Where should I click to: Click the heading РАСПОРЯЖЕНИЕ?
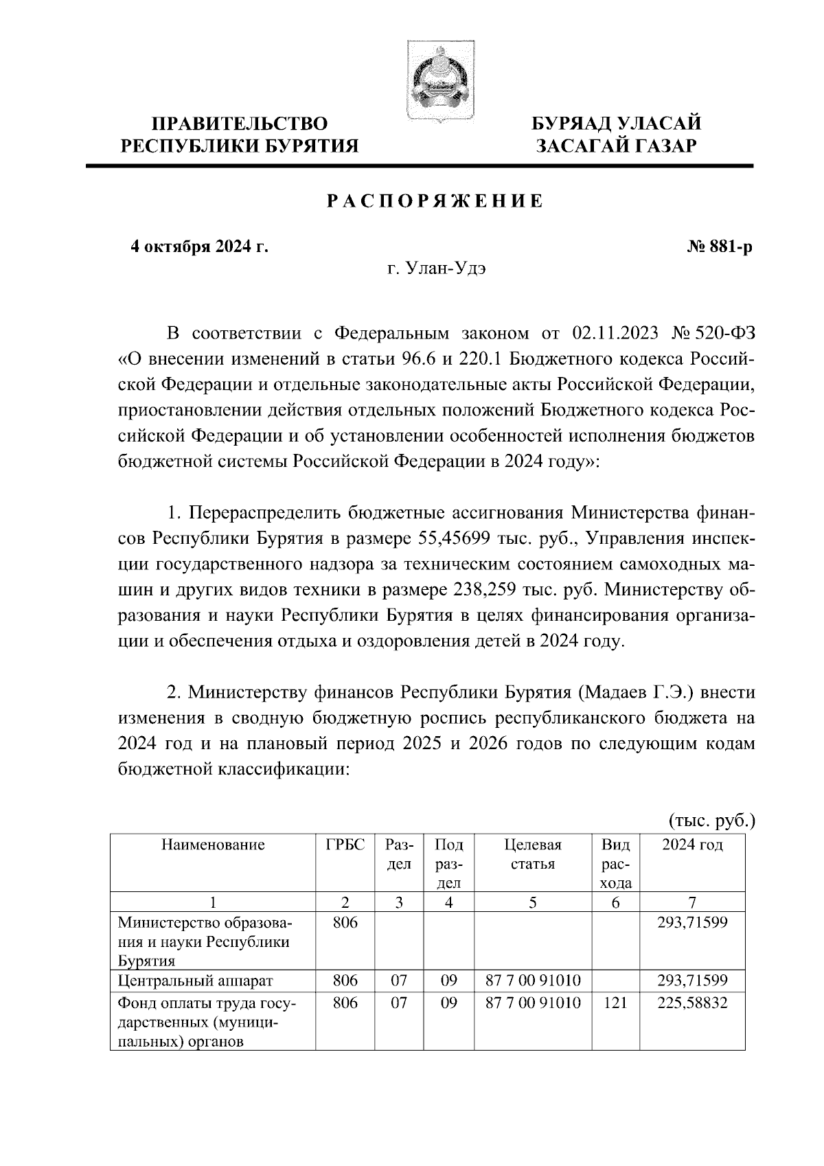click(x=435, y=201)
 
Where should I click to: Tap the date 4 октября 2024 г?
click(x=200, y=247)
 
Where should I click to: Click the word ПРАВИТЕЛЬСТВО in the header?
click(x=240, y=124)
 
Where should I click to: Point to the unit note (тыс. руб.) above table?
click(x=711, y=819)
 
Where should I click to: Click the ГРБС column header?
click(x=345, y=845)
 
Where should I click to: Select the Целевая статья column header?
click(x=532, y=854)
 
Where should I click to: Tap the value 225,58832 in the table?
click(x=691, y=1003)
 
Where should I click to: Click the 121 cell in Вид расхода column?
click(x=615, y=1003)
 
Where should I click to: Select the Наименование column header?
click(x=213, y=845)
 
